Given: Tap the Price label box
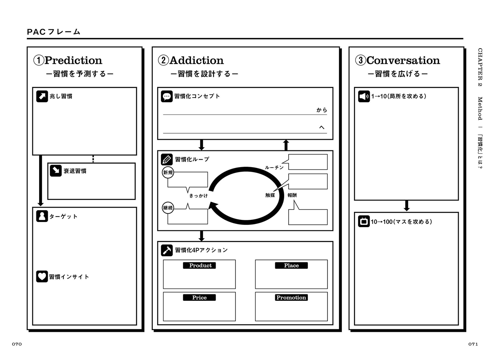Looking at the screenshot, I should pos(199,298).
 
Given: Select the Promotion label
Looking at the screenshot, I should pos(291,298).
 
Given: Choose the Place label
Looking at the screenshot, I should pos(291,266).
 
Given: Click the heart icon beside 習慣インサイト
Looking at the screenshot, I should pos(42,277).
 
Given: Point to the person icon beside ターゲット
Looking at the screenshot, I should pos(42,216).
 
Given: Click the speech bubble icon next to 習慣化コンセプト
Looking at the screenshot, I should pos(167,96).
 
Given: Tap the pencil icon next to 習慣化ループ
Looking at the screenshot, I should pos(167,159).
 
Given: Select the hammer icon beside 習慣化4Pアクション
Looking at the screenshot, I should pos(167,250).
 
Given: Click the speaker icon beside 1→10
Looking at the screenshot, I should pos(364,96).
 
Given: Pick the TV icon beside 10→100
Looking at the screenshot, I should pos(364,222).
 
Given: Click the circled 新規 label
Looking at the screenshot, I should pos(168,173).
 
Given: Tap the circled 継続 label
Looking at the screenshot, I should pos(168,208).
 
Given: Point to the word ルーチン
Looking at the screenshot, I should pos(274,168).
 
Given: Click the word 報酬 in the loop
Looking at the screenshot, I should pos(292,195).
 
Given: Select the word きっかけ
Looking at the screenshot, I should pos(198,196).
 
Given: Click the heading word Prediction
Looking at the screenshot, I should pos(73,60).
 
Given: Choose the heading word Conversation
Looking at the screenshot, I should pos(403,60).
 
